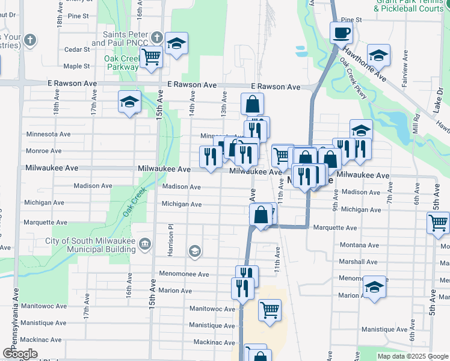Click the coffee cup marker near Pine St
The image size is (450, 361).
click(x=341, y=33)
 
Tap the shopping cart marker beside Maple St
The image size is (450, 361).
click(x=152, y=58)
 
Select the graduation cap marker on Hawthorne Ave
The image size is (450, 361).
click(x=378, y=55)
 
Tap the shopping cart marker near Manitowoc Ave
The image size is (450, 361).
click(x=270, y=311)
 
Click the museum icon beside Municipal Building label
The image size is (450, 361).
click(x=145, y=244)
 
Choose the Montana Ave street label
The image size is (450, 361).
click(x=359, y=245)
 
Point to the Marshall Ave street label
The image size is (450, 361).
click(x=358, y=262)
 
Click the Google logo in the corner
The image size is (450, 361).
click(x=20, y=354)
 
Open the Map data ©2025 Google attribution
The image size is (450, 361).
click(x=413, y=356)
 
